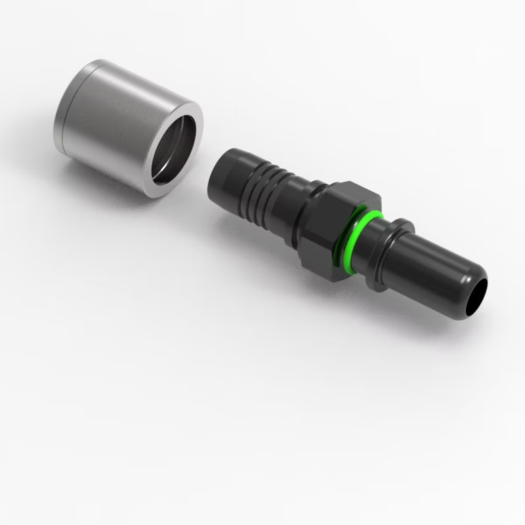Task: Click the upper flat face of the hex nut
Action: coord(348,194)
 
